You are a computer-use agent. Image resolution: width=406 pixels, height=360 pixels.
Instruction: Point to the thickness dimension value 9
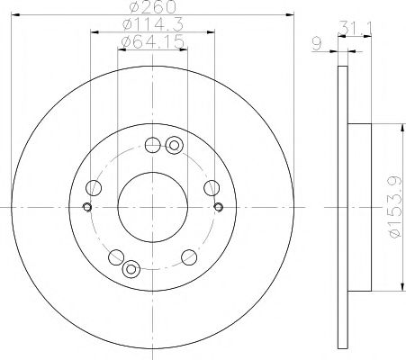[317, 42]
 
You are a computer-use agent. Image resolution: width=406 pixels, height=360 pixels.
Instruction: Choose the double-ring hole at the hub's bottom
[131, 266]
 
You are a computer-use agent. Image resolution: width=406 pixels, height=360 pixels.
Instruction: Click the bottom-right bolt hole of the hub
[188, 256]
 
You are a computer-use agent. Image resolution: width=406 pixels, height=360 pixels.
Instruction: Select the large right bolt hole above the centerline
[211, 187]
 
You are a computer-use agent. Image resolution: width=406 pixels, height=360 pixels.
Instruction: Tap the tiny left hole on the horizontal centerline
[86, 209]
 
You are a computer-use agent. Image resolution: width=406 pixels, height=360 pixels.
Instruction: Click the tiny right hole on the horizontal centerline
[219, 209]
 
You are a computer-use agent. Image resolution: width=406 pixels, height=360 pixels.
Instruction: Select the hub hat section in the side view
[358, 206]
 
